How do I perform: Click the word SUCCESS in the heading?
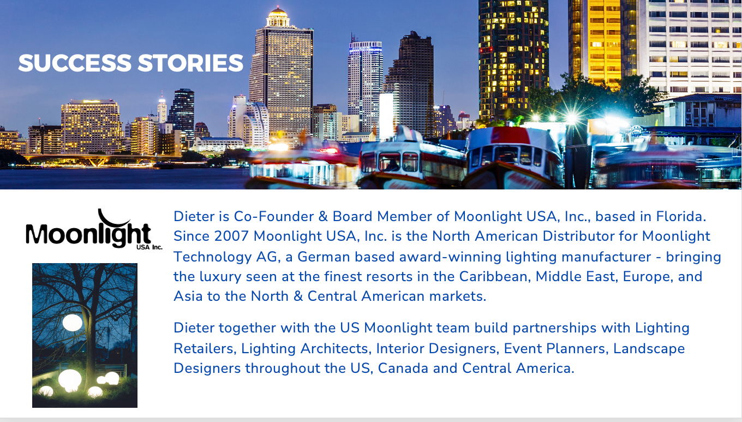(75, 63)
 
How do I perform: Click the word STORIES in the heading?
(190, 63)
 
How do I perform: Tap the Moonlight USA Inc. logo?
(94, 229)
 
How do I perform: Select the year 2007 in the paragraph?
(231, 236)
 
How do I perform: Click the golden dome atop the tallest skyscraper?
(278, 13)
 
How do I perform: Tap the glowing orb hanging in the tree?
(73, 323)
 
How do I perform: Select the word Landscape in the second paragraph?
(649, 349)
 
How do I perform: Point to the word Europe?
(648, 276)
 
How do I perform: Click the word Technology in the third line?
(212, 257)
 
